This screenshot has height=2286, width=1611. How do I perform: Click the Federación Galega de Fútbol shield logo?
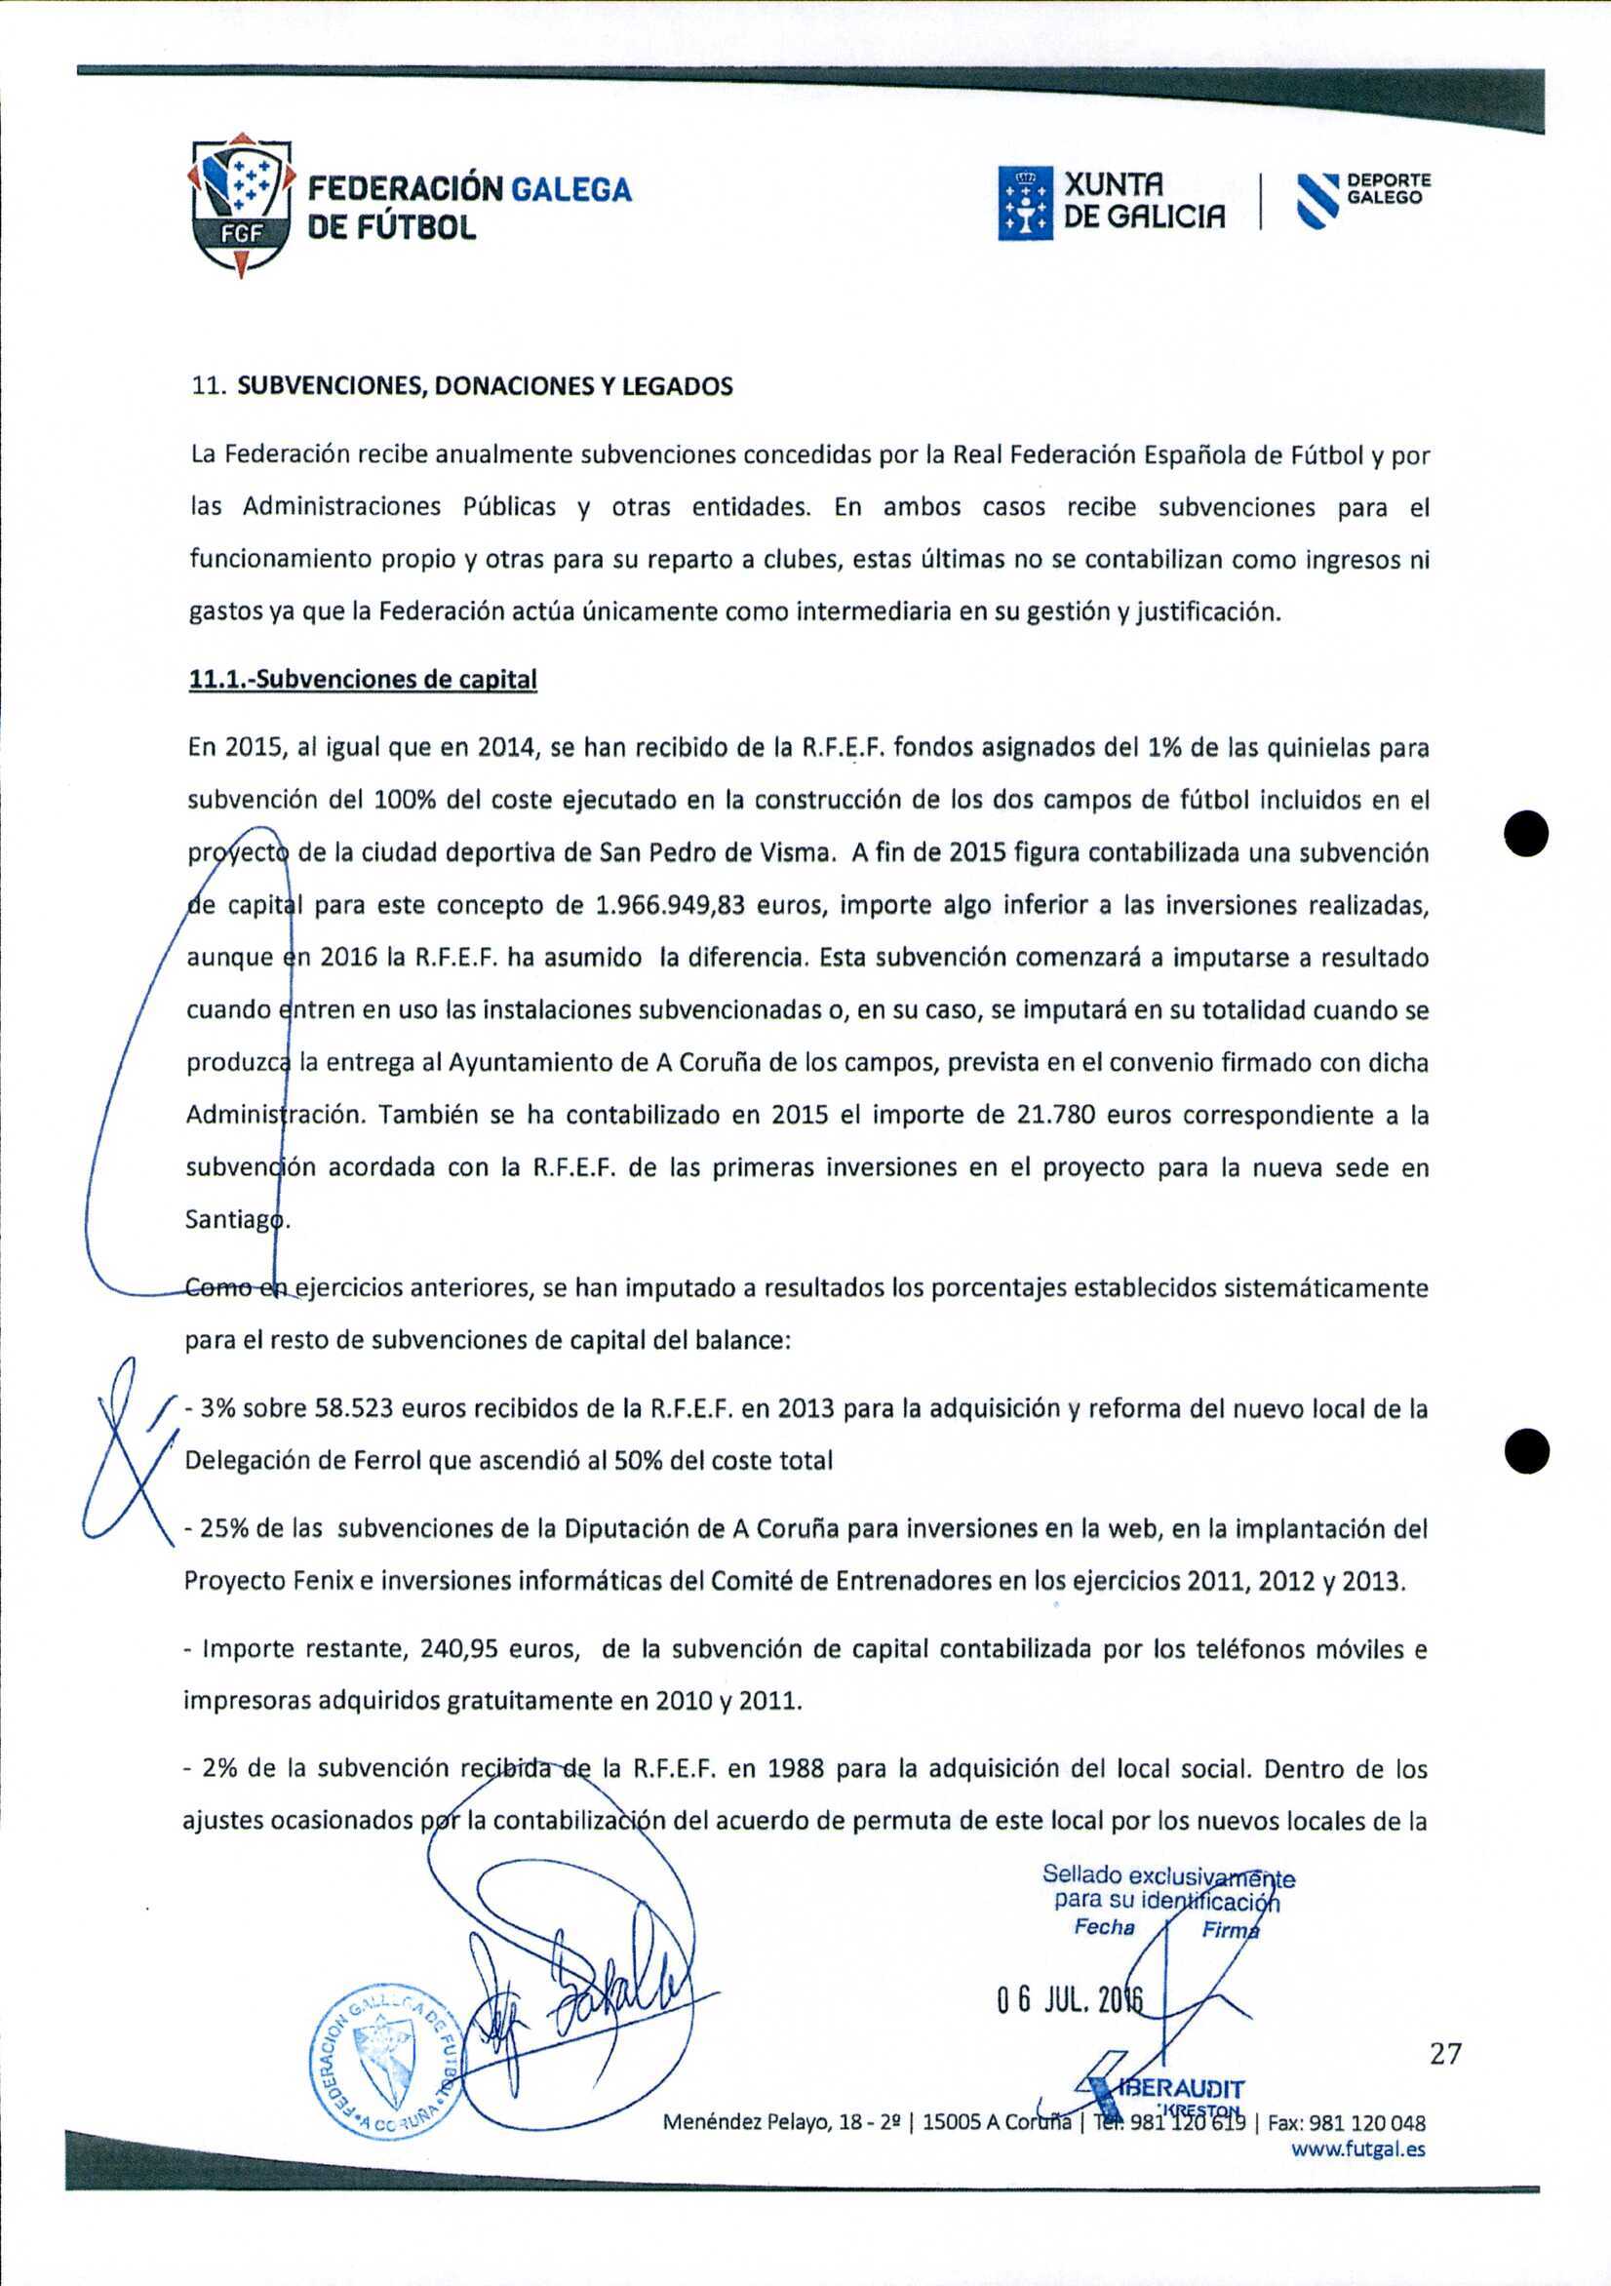click(242, 203)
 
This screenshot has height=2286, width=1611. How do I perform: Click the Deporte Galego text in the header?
click(1388, 188)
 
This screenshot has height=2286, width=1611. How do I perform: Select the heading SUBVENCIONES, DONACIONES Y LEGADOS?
click(484, 386)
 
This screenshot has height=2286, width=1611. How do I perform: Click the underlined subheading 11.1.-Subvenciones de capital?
click(363, 680)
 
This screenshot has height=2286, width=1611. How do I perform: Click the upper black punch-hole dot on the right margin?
click(1526, 833)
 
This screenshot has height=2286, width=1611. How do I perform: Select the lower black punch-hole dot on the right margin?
click(1526, 1450)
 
